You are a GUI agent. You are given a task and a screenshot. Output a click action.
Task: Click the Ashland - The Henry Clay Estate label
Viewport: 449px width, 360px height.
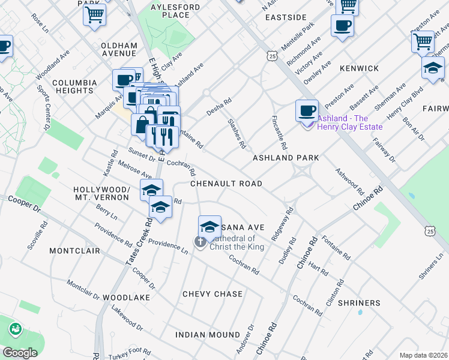[351, 122]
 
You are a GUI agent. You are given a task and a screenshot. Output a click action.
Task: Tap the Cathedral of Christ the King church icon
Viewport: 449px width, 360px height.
[200, 242]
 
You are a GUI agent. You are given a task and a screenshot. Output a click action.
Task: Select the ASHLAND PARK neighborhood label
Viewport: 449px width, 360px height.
[285, 158]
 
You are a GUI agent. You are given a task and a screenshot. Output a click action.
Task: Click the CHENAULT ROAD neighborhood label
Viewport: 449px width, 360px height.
[226, 184]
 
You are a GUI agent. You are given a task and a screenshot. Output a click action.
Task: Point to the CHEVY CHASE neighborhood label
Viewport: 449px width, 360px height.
[212, 294]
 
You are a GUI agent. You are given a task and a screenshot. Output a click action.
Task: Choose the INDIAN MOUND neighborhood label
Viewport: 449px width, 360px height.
[208, 334]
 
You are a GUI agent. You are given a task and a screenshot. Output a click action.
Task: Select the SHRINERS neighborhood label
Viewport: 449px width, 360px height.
[359, 303]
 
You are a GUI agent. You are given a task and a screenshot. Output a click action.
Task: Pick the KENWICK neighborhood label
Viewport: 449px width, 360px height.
[359, 69]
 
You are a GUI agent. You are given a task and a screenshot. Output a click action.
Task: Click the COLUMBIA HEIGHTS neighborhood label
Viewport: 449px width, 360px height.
[74, 86]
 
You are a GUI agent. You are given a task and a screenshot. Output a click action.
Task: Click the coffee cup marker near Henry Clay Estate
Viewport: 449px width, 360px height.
[307, 110]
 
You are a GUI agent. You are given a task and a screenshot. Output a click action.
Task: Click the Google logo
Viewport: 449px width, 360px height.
[20, 353]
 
